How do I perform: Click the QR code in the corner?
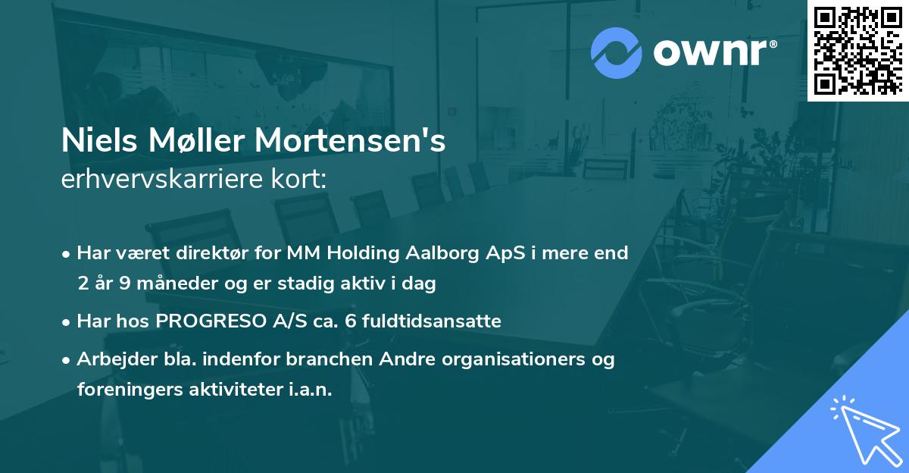[857, 50]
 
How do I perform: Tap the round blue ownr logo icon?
[617, 52]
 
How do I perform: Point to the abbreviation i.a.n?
[310, 390]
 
